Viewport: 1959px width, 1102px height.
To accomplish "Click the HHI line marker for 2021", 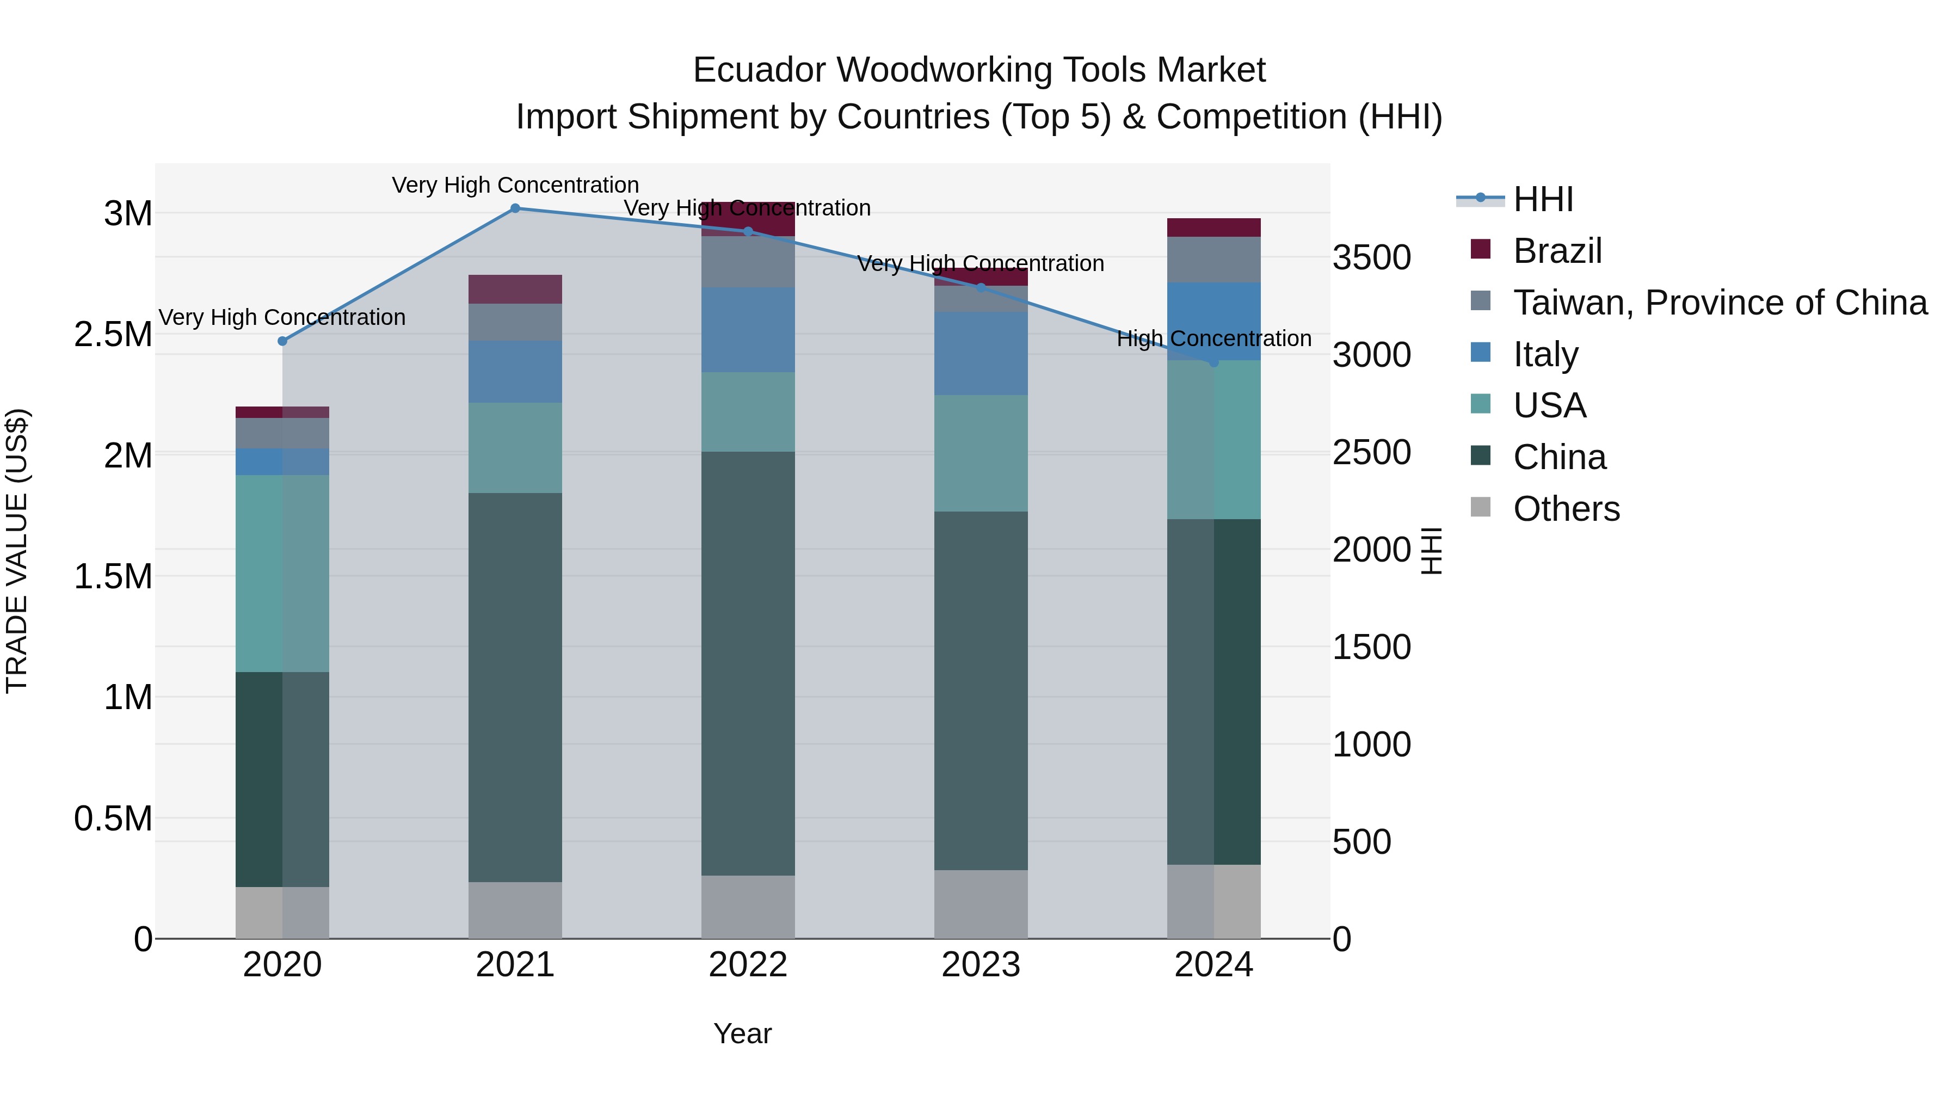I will pyautogui.click(x=515, y=208).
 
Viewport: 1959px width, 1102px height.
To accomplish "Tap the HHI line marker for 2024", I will pyautogui.click(x=1213, y=363).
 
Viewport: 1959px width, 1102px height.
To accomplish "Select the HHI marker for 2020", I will pyautogui.click(x=282, y=341).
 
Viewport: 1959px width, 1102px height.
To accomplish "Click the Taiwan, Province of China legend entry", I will pyautogui.click(x=1718, y=303).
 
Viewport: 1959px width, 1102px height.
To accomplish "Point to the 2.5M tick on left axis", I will pyautogui.click(x=113, y=335).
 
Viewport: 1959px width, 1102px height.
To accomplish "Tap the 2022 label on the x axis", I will pyautogui.click(x=748, y=965).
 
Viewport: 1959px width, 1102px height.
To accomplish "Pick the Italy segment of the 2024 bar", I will pyautogui.click(x=1213, y=321).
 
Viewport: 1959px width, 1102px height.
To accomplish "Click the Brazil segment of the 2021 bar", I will pyautogui.click(x=515, y=289).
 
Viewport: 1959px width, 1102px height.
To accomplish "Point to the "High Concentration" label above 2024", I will pyautogui.click(x=1213, y=338).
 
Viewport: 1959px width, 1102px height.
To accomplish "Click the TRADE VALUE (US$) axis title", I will pyautogui.click(x=17, y=551).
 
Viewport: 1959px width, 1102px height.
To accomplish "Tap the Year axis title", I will pyautogui.click(x=742, y=1033).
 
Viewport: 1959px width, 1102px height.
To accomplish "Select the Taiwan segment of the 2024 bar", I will pyautogui.click(x=1213, y=260).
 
